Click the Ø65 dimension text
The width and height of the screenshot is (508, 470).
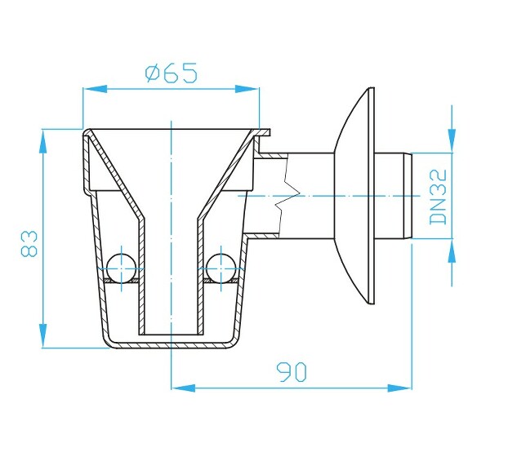coord(171,73)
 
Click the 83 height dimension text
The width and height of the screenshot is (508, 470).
coord(29,243)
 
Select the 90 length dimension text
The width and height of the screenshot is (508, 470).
coord(292,372)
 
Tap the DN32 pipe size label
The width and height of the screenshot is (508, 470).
coord(438,197)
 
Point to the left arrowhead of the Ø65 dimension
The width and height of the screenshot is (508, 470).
coord(96,89)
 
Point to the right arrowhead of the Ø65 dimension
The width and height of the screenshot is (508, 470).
coord(247,89)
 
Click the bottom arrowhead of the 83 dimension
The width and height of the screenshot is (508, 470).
coord(42,336)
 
